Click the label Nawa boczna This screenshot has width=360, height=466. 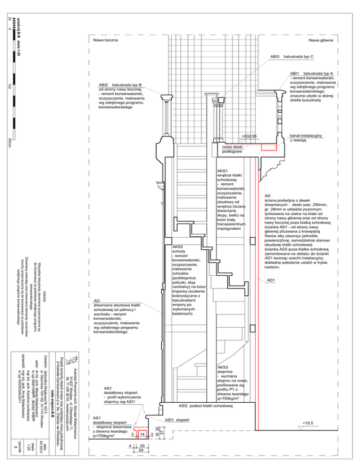105,40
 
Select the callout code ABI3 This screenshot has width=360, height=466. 274,57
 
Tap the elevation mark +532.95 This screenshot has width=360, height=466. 249,136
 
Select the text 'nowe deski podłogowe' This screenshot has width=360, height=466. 232,149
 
